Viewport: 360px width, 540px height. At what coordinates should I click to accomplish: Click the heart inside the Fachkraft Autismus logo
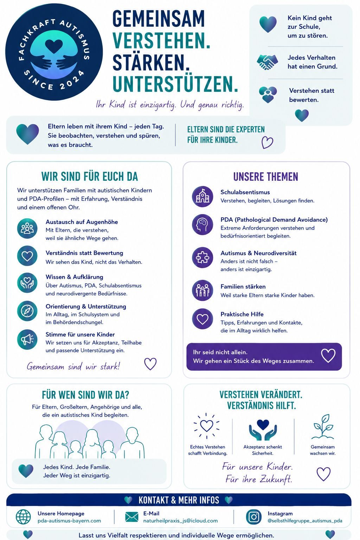[54, 46]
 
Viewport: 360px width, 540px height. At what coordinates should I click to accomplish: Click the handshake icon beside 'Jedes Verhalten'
[267, 62]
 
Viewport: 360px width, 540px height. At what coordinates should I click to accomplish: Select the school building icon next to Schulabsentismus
[202, 196]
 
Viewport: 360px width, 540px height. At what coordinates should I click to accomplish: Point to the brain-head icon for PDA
[202, 224]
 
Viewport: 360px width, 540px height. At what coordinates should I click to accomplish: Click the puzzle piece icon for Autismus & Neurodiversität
[202, 258]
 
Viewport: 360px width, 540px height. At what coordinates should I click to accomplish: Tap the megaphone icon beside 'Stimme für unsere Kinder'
[27, 339]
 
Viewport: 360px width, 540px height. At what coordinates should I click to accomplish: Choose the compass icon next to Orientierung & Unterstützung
[27, 311]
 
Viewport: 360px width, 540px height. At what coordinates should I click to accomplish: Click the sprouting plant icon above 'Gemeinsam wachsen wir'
[323, 427]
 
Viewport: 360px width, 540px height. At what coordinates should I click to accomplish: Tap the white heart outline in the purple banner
[328, 355]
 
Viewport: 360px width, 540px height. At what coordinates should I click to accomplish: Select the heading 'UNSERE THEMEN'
[266, 177]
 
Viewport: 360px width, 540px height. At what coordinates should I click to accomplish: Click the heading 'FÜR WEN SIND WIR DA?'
[85, 395]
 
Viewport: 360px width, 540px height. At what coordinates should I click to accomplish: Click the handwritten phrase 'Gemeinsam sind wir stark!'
[73, 367]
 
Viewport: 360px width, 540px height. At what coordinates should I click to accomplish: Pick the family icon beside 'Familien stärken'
[202, 290]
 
